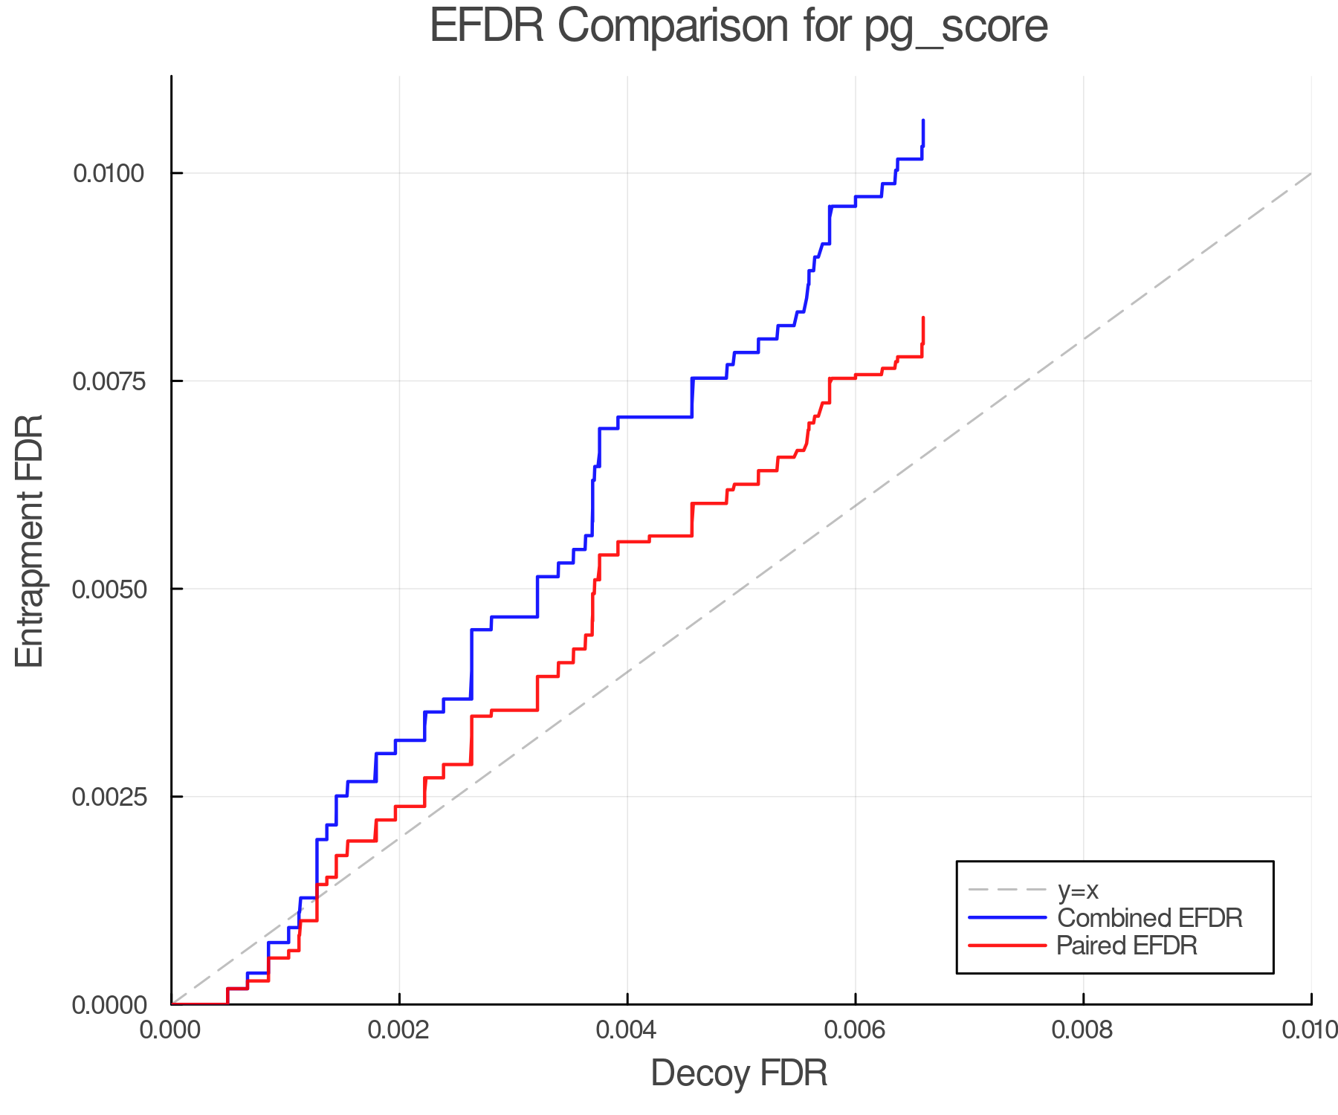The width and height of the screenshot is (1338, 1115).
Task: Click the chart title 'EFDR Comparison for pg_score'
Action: [739, 27]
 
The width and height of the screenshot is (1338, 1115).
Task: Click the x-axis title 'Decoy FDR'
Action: [739, 1073]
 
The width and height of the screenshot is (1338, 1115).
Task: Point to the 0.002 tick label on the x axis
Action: [399, 1030]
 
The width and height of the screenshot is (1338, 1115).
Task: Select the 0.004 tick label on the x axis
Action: [627, 1030]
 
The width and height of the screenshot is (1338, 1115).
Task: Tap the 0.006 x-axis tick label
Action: [855, 1030]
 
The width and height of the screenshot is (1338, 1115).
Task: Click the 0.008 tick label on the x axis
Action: [1083, 1030]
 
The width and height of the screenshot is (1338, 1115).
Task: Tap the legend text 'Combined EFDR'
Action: [1149, 918]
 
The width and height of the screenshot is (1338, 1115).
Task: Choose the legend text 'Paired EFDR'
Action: [1127, 946]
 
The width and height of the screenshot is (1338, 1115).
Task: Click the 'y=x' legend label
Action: [1078, 890]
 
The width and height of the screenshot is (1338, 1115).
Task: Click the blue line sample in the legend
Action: [1007, 918]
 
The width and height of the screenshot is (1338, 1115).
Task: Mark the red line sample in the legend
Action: [1007, 946]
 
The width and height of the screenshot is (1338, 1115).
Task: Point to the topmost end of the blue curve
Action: [923, 120]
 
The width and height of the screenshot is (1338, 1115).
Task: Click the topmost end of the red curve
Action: [923, 318]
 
